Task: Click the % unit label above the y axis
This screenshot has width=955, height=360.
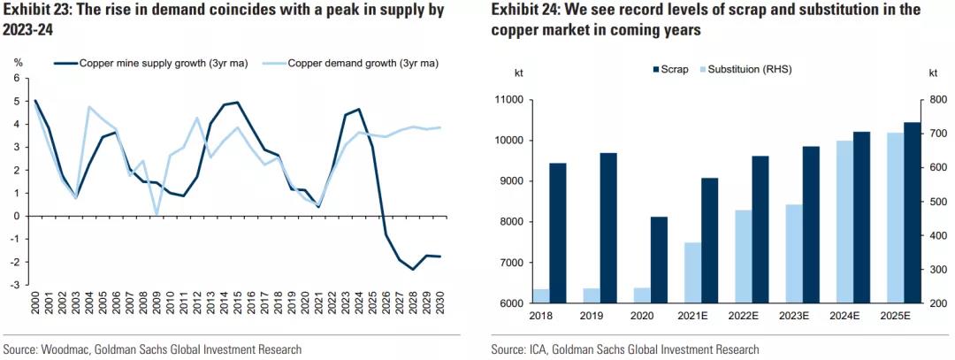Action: coord(17,62)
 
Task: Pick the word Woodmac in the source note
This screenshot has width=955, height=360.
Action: coord(65,349)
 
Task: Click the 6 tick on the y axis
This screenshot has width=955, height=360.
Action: coord(16,79)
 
